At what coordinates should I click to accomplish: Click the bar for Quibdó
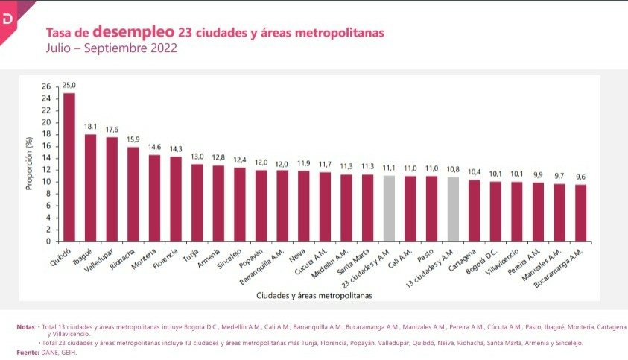click(x=69, y=167)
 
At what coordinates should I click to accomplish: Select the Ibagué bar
click(x=90, y=188)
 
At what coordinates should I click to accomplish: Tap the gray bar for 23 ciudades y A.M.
click(x=388, y=208)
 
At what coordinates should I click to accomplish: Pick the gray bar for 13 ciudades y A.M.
click(x=452, y=209)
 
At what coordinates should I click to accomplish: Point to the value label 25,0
click(x=69, y=86)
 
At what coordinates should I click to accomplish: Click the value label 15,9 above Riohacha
click(x=133, y=139)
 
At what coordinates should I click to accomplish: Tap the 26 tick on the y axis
click(x=46, y=86)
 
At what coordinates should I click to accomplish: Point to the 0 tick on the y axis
click(x=48, y=241)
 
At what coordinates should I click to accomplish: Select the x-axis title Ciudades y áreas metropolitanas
click(x=314, y=295)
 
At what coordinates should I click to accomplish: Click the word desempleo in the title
click(x=134, y=33)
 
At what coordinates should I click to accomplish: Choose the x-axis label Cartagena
click(x=463, y=260)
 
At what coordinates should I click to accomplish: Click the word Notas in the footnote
click(x=27, y=327)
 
